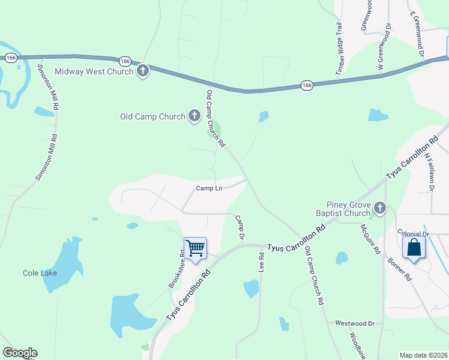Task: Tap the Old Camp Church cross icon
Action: click(194, 116)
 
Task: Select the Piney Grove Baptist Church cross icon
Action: click(379, 208)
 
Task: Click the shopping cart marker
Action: click(195, 248)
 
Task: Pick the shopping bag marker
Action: click(414, 248)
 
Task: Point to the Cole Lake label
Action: click(40, 273)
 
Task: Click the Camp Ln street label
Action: click(209, 188)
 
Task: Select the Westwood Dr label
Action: click(355, 323)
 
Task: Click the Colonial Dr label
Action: click(413, 233)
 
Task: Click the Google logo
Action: click(20, 353)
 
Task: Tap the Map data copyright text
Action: click(423, 355)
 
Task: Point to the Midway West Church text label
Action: click(94, 72)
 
